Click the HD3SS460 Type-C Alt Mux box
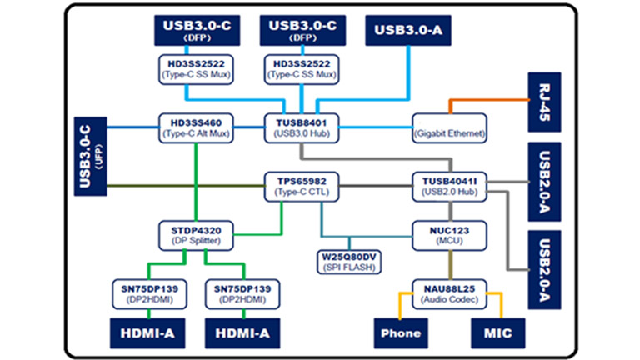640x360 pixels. click(x=196, y=127)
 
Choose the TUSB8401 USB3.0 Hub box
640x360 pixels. click(x=298, y=127)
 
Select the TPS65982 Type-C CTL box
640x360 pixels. click(x=298, y=184)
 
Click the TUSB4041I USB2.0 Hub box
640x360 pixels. click(x=450, y=184)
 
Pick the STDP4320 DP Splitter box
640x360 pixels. click(x=196, y=232)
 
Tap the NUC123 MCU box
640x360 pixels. click(x=450, y=232)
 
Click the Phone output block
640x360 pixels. click(x=400, y=333)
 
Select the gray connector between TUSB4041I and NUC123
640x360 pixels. click(x=450, y=209)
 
